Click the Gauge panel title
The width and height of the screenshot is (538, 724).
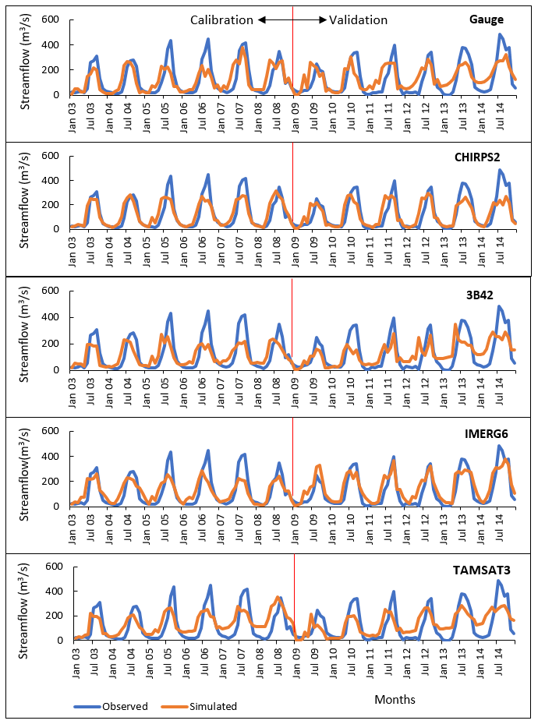[x=487, y=19]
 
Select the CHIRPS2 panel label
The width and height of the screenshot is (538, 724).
[x=477, y=157]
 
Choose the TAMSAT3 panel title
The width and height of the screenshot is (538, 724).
[x=482, y=570]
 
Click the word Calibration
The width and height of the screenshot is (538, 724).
[x=222, y=19]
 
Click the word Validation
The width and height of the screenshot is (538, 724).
[x=358, y=19]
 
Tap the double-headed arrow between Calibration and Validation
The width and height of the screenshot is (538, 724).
[x=292, y=19]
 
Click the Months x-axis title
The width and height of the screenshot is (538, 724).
[x=395, y=699]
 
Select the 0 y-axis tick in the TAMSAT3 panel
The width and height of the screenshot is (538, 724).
[x=61, y=641]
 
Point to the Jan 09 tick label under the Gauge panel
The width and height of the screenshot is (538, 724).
[x=296, y=114]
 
